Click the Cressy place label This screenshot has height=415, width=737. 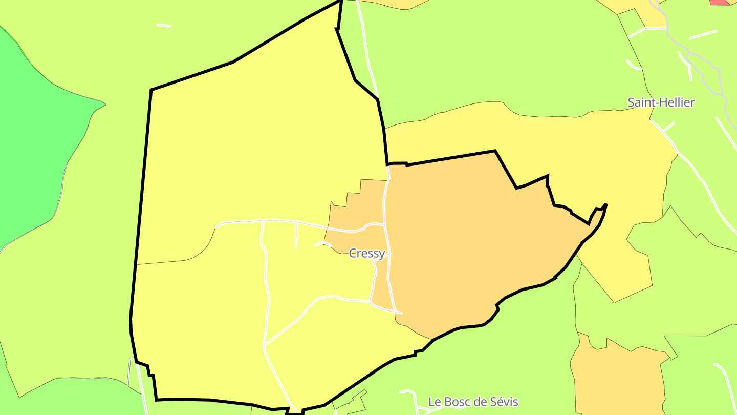(366, 253)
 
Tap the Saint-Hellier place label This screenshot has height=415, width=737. (661, 102)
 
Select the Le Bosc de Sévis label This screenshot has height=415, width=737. (473, 402)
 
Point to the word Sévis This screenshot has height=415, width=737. (504, 402)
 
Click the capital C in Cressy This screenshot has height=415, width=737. (353, 253)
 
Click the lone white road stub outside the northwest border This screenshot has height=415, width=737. (164, 25)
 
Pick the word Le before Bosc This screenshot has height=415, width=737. (435, 402)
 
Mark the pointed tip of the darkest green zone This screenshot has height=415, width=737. (105, 105)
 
